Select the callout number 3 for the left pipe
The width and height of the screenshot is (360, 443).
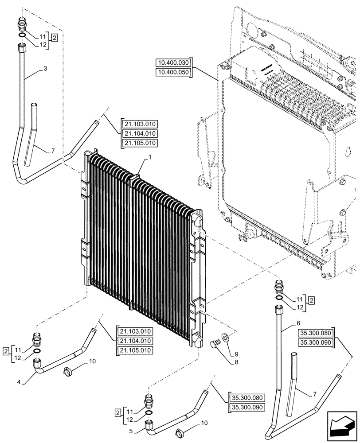pyautogui.click(x=45, y=69)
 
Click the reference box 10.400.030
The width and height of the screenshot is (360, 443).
pyautogui.click(x=173, y=63)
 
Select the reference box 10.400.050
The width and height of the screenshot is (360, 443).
pyautogui.click(x=173, y=73)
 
